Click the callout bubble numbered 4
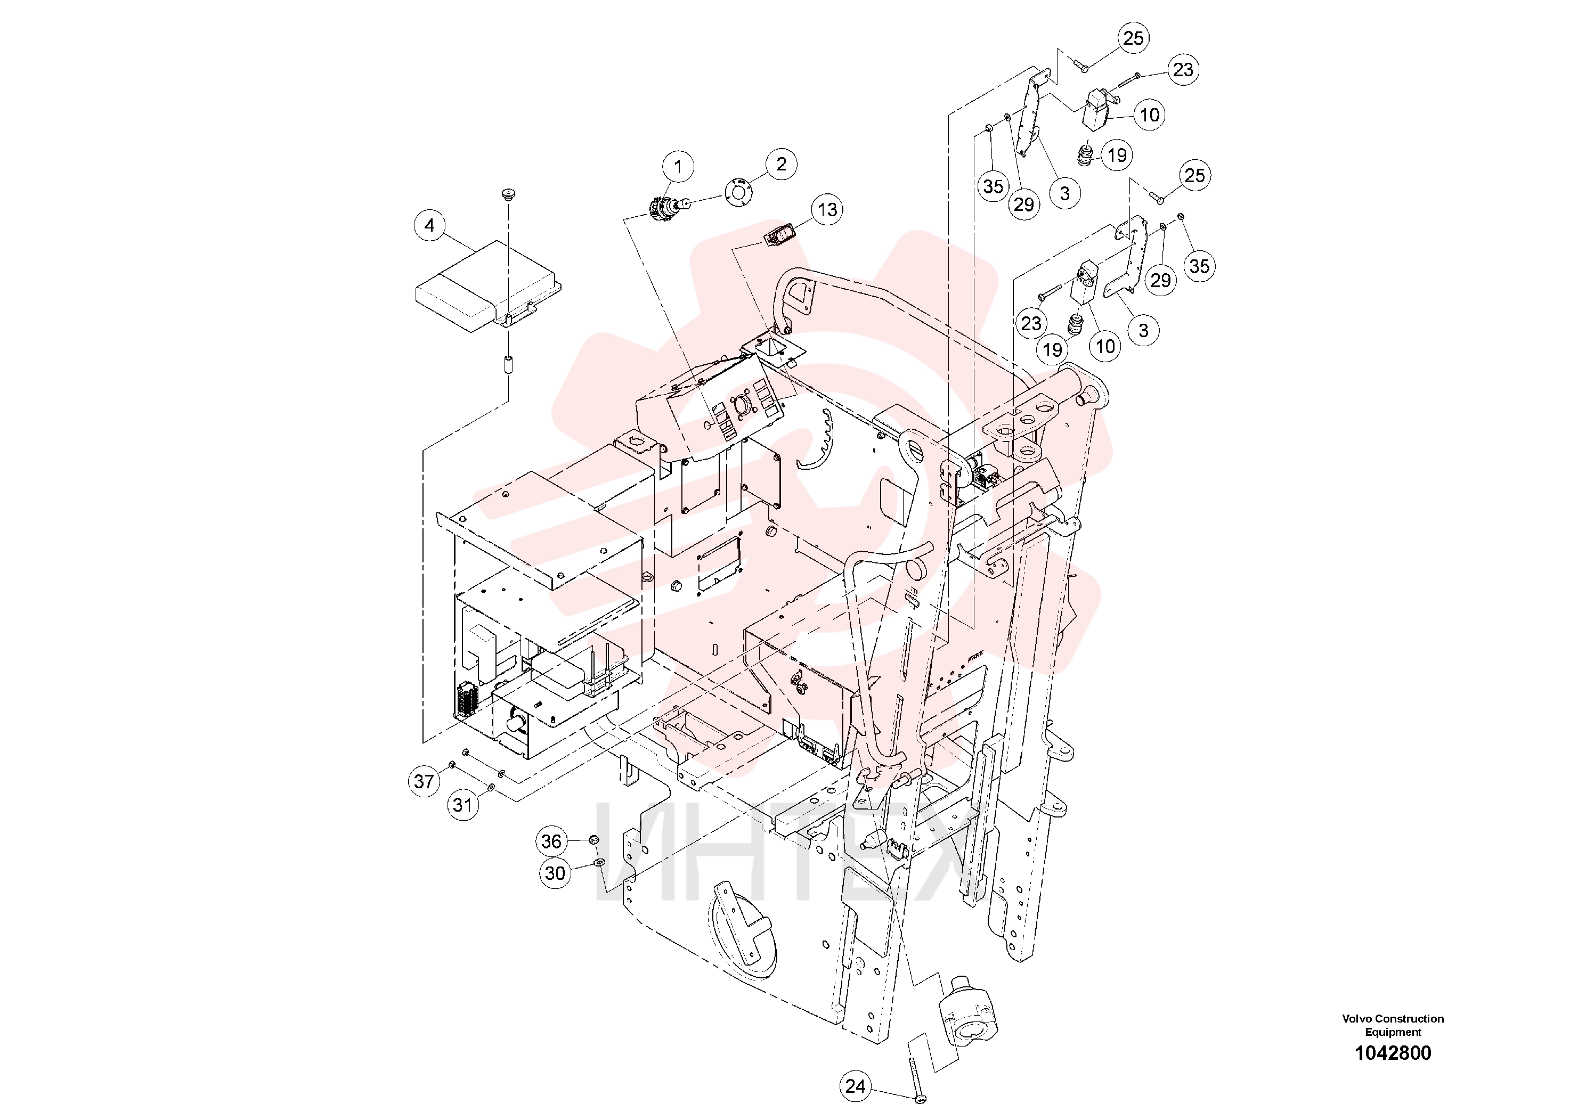tap(429, 225)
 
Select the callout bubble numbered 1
tap(678, 166)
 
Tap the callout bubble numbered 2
tap(781, 165)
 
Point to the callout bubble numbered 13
tap(827, 209)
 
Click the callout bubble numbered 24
tap(855, 1086)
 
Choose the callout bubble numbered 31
tap(462, 804)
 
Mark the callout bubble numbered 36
tap(551, 841)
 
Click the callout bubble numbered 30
tap(555, 873)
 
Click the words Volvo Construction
tap(1393, 1018)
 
